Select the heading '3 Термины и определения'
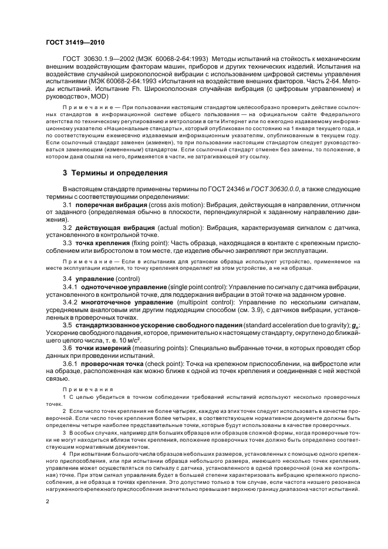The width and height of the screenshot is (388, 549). coord(115,174)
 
